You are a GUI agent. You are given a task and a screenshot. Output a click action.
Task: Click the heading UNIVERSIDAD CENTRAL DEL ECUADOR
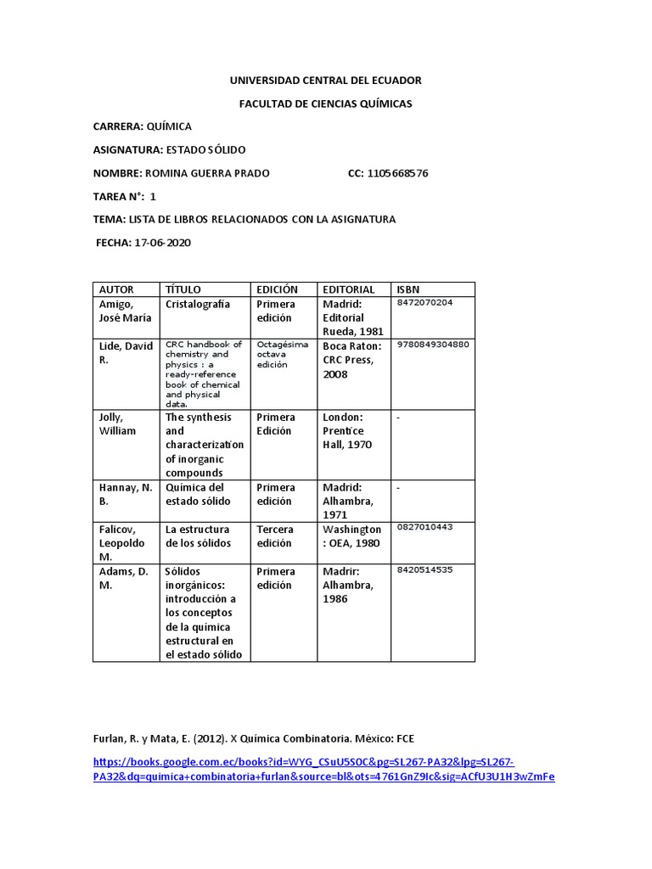(x=326, y=81)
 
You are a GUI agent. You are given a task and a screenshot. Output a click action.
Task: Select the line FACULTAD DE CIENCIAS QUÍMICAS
(x=326, y=104)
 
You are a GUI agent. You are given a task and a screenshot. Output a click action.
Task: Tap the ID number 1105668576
(x=397, y=173)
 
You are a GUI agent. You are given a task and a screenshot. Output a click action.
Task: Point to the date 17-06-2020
(x=162, y=243)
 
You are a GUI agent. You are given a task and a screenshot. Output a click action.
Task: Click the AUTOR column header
(x=117, y=289)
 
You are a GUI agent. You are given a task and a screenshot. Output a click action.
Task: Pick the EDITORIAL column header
(x=348, y=289)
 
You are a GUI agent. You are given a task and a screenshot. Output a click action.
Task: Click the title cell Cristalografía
(x=198, y=304)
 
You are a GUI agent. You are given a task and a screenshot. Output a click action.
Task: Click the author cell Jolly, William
(x=118, y=424)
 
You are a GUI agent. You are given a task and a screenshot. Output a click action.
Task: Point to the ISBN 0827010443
(x=424, y=527)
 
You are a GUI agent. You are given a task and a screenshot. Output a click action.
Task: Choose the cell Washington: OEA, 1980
(x=351, y=536)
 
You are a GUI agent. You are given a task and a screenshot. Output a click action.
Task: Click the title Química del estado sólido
(x=196, y=495)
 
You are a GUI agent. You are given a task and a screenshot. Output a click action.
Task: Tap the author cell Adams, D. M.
(x=124, y=578)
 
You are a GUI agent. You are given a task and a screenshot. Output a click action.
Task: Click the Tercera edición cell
(x=276, y=536)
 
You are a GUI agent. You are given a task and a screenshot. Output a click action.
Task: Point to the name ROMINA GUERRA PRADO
(x=208, y=173)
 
